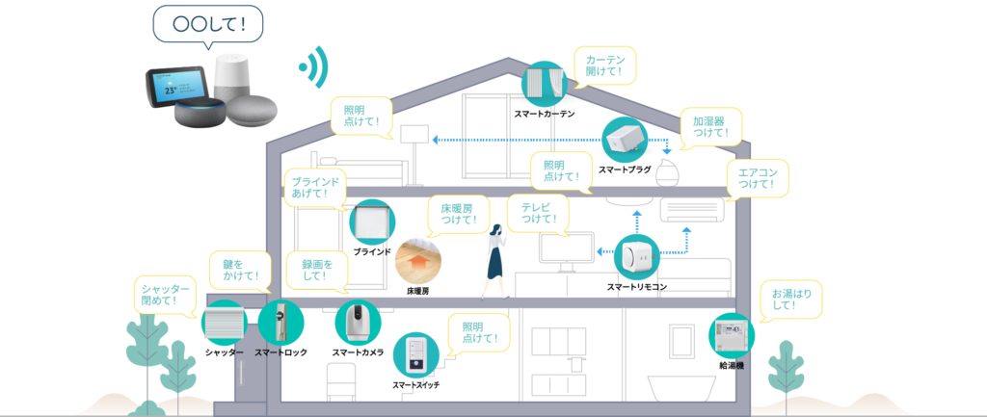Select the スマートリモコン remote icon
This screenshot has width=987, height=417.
637,257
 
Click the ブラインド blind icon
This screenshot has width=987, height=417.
372,222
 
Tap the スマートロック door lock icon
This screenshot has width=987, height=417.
280,324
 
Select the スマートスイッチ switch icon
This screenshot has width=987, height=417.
415,355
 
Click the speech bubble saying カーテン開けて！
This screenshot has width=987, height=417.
604,65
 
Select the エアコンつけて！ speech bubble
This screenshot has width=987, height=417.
757,177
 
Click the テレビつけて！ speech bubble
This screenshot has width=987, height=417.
536,213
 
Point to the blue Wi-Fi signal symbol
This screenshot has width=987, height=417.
314,65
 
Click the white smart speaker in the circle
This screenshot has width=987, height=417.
237,75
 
